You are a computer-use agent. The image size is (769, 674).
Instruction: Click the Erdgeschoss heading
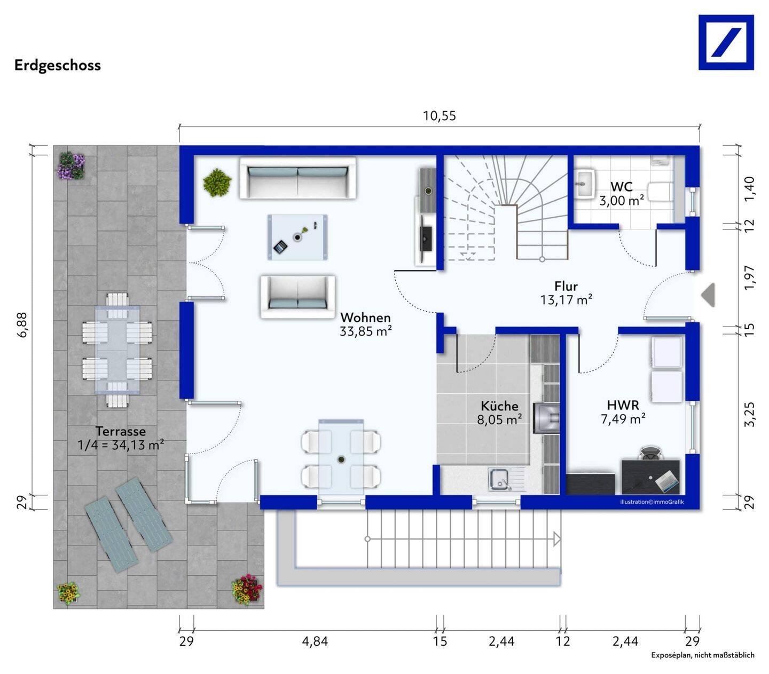[58, 66]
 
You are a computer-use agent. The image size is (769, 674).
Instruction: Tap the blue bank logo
[726, 43]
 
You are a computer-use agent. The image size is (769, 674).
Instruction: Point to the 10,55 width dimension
[440, 116]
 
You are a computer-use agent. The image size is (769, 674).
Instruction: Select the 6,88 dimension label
[22, 324]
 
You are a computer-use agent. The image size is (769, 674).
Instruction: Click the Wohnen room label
[365, 318]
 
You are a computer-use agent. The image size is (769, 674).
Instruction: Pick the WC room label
[622, 187]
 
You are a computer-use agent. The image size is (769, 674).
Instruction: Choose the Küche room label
[499, 406]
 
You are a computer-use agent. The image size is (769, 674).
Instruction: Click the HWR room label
[623, 405]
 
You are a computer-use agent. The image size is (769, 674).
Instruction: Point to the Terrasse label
[121, 431]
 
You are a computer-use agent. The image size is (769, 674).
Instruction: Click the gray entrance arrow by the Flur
[708, 295]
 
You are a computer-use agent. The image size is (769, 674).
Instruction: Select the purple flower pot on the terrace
[71, 166]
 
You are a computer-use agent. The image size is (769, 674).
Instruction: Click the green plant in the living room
[217, 183]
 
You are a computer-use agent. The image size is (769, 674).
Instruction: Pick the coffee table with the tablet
[297, 237]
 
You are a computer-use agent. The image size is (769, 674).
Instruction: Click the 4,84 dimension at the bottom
[315, 641]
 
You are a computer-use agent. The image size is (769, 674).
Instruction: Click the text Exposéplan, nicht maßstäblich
[703, 655]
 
